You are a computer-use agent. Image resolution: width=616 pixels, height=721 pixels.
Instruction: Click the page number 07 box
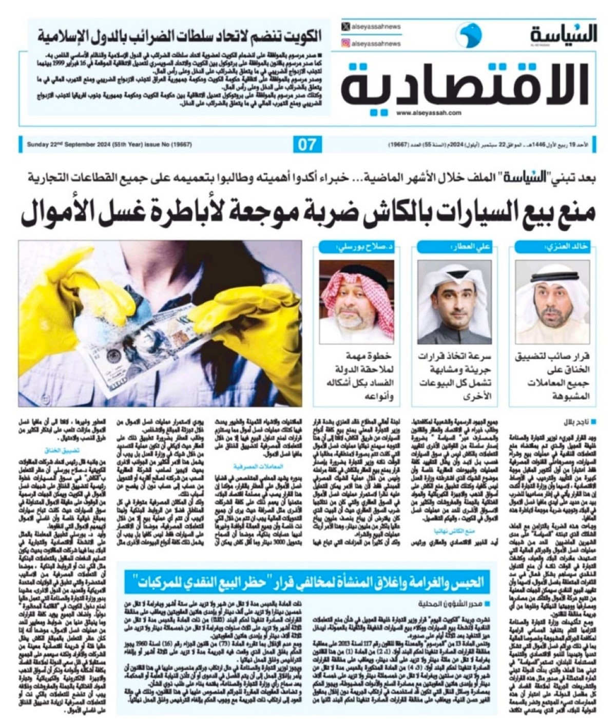[x=307, y=145]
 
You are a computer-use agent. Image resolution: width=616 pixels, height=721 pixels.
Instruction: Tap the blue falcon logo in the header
[x=468, y=34]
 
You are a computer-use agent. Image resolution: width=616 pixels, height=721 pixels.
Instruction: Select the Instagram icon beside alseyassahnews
[x=346, y=44]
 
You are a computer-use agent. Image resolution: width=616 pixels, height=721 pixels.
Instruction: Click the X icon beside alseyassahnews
[x=346, y=27]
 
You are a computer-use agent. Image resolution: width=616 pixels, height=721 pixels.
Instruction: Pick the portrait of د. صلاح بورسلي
[x=357, y=301]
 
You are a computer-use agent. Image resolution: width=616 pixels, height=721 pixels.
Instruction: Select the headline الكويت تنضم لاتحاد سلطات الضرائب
[x=180, y=36]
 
